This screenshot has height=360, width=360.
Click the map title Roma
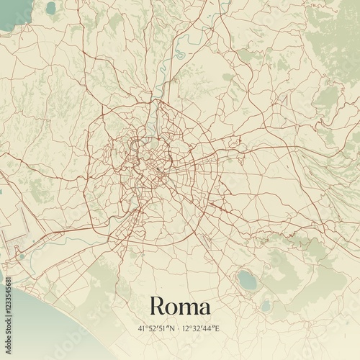(180, 305)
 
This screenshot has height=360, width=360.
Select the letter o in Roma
(174, 307)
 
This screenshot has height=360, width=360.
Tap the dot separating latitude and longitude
(180, 328)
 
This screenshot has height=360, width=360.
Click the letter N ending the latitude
(173, 328)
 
